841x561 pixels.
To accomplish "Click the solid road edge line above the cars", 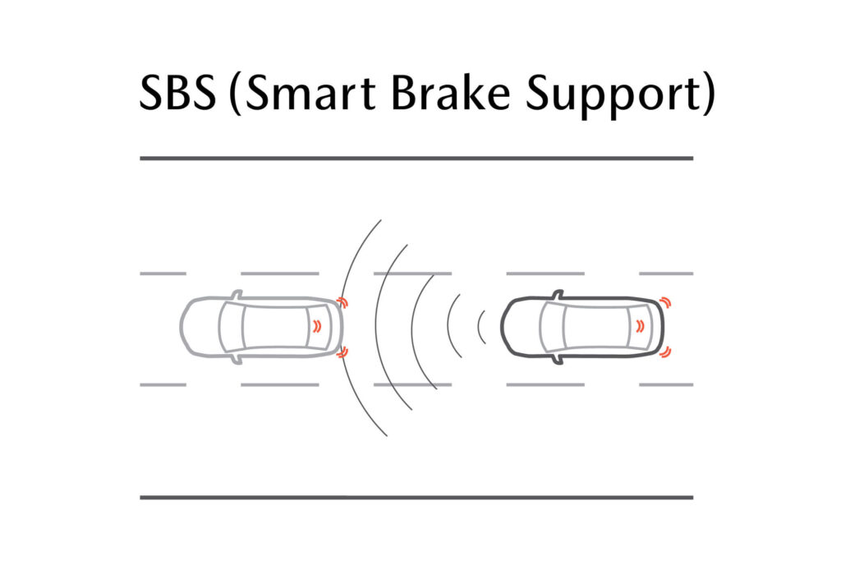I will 416,158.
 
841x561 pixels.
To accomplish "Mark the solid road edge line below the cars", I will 416,497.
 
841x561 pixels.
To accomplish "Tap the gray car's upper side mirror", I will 237,293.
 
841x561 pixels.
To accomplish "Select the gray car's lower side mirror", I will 237,359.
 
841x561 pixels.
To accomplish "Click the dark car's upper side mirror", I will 558,293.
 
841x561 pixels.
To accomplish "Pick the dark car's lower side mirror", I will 558,359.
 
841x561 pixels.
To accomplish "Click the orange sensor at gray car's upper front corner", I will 343,302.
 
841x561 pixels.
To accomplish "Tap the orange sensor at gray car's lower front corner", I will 343,352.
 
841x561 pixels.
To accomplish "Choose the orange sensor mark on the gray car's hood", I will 317,326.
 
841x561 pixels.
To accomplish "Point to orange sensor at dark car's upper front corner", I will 665,302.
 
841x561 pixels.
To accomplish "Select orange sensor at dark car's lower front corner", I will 665,352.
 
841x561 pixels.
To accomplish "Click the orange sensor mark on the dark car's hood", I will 638,326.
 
